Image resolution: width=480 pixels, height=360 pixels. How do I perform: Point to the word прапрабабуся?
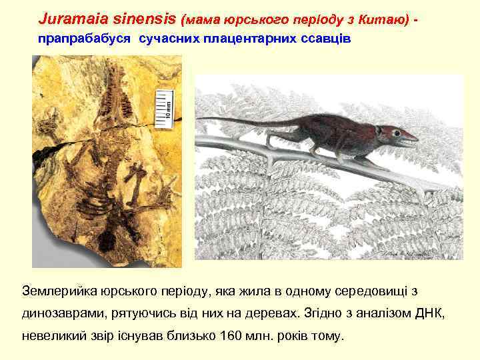click(x=85, y=39)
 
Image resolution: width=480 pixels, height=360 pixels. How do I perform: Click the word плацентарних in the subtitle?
click(x=253, y=39)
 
